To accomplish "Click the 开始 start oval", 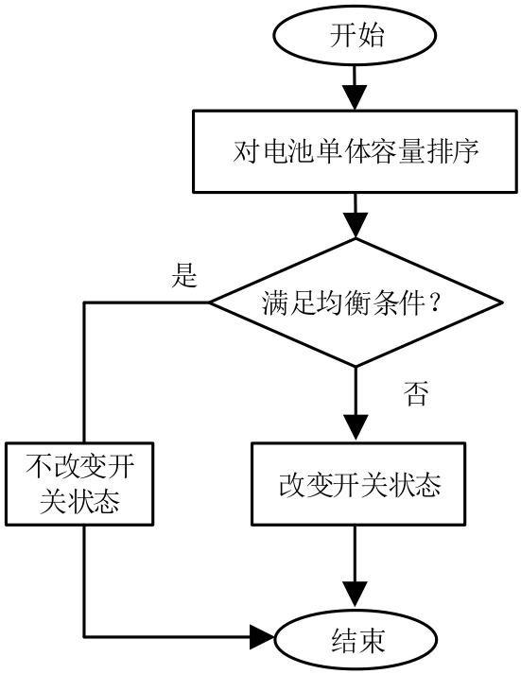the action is tap(355, 35).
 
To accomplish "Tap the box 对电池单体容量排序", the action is tap(355, 151).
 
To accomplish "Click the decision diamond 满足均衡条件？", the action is tap(356, 302).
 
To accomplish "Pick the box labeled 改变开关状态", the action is tap(358, 484).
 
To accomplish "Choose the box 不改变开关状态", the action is tap(79, 484).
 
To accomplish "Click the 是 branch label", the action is tap(184, 274).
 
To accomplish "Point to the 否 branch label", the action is tap(416, 393).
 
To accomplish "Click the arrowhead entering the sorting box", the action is tap(355, 97).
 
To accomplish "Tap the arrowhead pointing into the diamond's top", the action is tap(356, 225).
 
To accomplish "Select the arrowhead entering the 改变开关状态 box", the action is tap(356, 428).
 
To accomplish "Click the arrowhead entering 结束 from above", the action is tap(356, 596).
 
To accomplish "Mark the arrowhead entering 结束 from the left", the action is tap(262, 637).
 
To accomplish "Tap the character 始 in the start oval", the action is tap(370, 35).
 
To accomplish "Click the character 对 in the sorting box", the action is tap(246, 152).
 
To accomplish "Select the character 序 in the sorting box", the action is tap(465, 152).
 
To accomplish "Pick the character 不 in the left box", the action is tap(39, 467).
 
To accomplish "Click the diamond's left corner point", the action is tap(209, 302).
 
